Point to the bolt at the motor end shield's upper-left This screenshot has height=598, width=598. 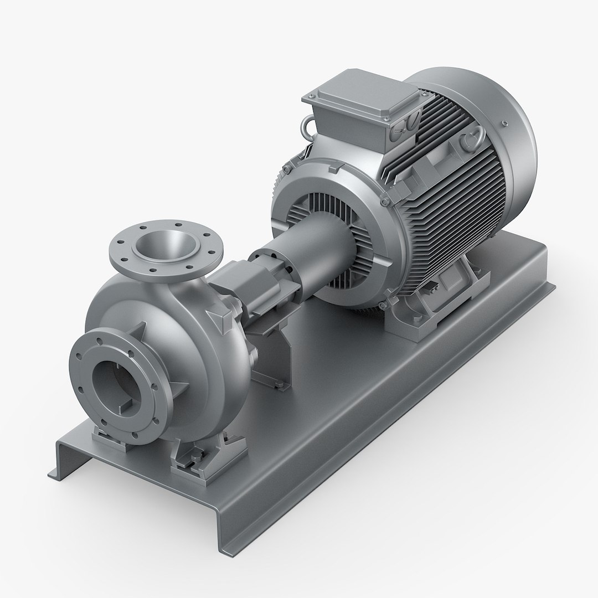[x=287, y=167]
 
